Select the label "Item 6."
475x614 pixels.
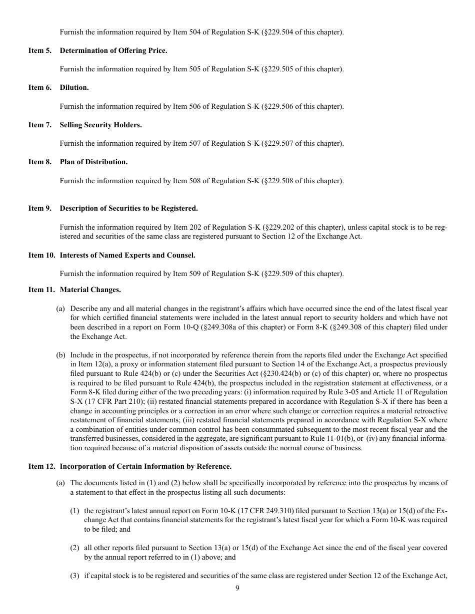coord(40,87)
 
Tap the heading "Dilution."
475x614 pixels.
coord(74,87)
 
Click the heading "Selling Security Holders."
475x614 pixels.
coord(100,125)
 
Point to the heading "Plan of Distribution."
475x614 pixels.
coord(93,162)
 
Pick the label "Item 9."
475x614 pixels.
coord(40,208)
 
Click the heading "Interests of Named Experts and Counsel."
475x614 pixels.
coord(127,255)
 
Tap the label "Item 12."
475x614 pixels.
coord(41,467)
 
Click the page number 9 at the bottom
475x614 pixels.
coord(237,588)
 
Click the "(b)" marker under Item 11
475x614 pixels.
coord(61,355)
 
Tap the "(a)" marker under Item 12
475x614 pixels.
coord(61,483)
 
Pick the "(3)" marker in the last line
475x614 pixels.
coord(74,576)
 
